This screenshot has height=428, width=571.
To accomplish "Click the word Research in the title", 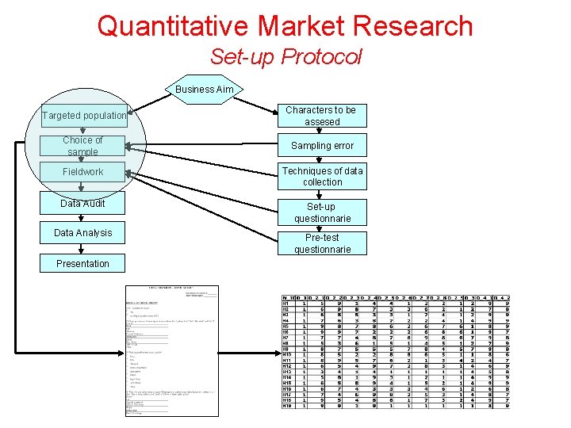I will point(415,25).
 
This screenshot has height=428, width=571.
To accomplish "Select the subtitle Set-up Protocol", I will point(285,57).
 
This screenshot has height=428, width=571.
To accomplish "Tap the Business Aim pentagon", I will point(205,90).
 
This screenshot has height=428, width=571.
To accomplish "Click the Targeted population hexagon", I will point(84,116).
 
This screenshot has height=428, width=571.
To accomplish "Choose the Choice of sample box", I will point(82,146).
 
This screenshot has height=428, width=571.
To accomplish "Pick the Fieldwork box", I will point(82,172).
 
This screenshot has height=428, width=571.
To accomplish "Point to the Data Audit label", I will point(82,204).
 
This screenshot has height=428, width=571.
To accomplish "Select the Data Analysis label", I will point(82,233).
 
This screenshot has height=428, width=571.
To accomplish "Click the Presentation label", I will point(82,264).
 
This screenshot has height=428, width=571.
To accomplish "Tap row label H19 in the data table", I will point(287,405).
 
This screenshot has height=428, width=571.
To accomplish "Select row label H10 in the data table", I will point(287,353).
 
